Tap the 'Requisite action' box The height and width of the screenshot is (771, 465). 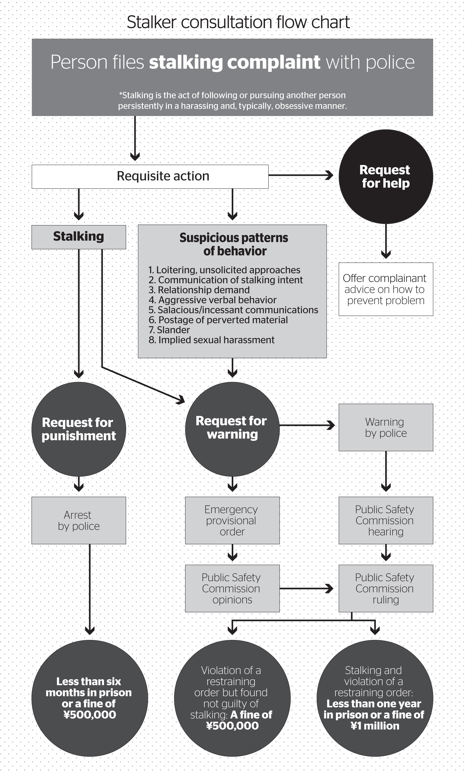click(x=150, y=177)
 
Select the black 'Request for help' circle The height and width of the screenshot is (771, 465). click(x=386, y=177)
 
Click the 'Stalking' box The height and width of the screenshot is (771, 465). click(x=79, y=237)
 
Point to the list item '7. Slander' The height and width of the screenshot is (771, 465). click(x=169, y=330)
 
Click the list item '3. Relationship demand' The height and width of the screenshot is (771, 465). click(x=199, y=290)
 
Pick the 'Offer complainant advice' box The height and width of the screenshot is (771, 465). click(x=386, y=289)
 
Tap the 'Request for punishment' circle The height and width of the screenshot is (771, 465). click(x=79, y=429)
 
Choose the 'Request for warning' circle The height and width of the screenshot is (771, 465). click(x=232, y=429)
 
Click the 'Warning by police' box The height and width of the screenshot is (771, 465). click(x=386, y=427)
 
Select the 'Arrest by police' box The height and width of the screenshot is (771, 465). click(x=79, y=520)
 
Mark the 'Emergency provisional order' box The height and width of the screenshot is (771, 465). click(x=232, y=520)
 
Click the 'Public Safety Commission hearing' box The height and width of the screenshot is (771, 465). click(x=386, y=520)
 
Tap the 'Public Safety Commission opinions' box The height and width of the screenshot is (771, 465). click(x=232, y=588)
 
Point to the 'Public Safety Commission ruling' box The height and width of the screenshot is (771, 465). click(x=386, y=588)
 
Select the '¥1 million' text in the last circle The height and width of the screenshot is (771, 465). click(x=375, y=726)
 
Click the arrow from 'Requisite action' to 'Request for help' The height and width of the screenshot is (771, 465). click(x=301, y=175)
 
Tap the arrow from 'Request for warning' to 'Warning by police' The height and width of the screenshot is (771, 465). click(x=307, y=425)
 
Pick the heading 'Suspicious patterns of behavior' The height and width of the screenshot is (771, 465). click(x=234, y=244)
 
